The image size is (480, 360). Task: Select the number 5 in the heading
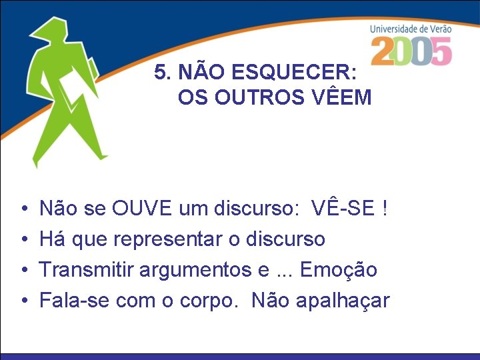(x=159, y=72)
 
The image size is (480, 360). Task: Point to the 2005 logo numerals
(x=411, y=51)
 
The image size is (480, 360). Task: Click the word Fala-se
(x=75, y=301)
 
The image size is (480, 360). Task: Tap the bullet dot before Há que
(x=23, y=239)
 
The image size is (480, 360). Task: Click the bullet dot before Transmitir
(x=23, y=270)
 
